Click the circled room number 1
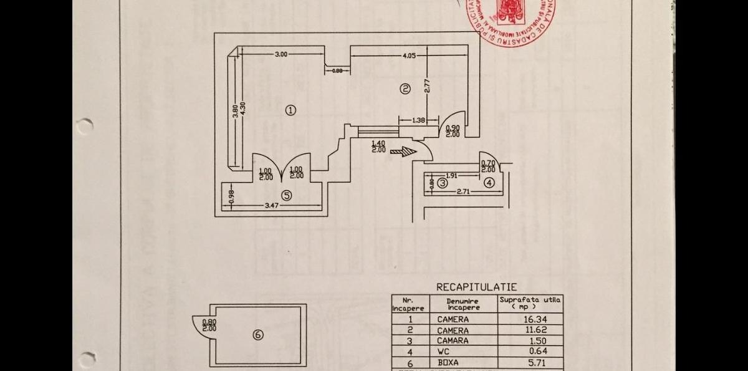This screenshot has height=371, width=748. coord(290,110)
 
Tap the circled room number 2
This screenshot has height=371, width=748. coord(405,89)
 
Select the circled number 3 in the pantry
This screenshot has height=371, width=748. coord(442,183)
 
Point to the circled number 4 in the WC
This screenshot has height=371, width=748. coord(489,183)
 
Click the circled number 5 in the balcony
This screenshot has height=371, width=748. coord(286,195)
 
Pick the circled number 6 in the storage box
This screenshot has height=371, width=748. coord(258,335)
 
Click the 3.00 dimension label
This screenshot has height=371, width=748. coord(281,54)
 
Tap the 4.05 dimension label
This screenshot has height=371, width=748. coord(409,55)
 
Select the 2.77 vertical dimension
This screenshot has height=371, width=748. coord(427,85)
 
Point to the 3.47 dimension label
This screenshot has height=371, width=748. coord(271,205)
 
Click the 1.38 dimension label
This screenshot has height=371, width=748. coord(419,120)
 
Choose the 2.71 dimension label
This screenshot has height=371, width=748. coord(463,191)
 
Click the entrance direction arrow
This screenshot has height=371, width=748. coord(403,151)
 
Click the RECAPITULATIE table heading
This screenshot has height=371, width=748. coord(476,287)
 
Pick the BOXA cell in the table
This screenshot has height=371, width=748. coord(448,362)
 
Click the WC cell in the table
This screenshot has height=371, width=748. coord(444,352)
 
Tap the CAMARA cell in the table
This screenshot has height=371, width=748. coord(453,341)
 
